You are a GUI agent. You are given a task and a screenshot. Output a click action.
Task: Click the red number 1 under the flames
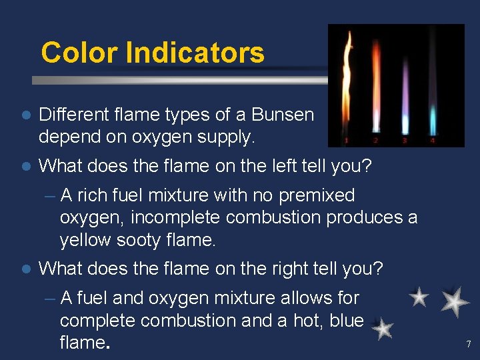tap(346, 141)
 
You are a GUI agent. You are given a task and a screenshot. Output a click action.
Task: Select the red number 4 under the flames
tap(433, 141)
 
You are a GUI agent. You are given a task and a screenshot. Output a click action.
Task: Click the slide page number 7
tap(468, 345)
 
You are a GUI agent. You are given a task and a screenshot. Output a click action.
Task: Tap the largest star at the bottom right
tap(455, 302)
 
